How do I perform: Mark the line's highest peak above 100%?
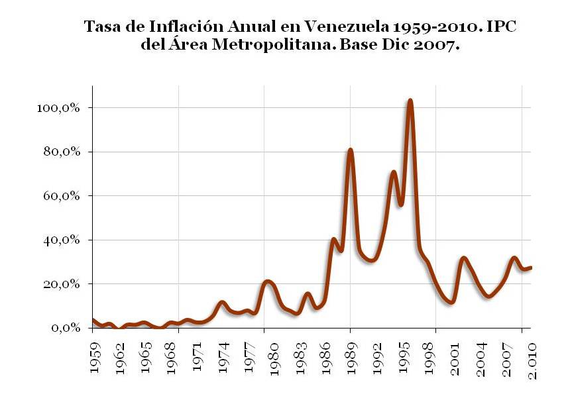410,101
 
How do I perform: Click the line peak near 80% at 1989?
351,150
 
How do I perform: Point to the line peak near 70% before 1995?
394,172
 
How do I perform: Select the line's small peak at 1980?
267,281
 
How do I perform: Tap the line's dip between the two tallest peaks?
401,205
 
